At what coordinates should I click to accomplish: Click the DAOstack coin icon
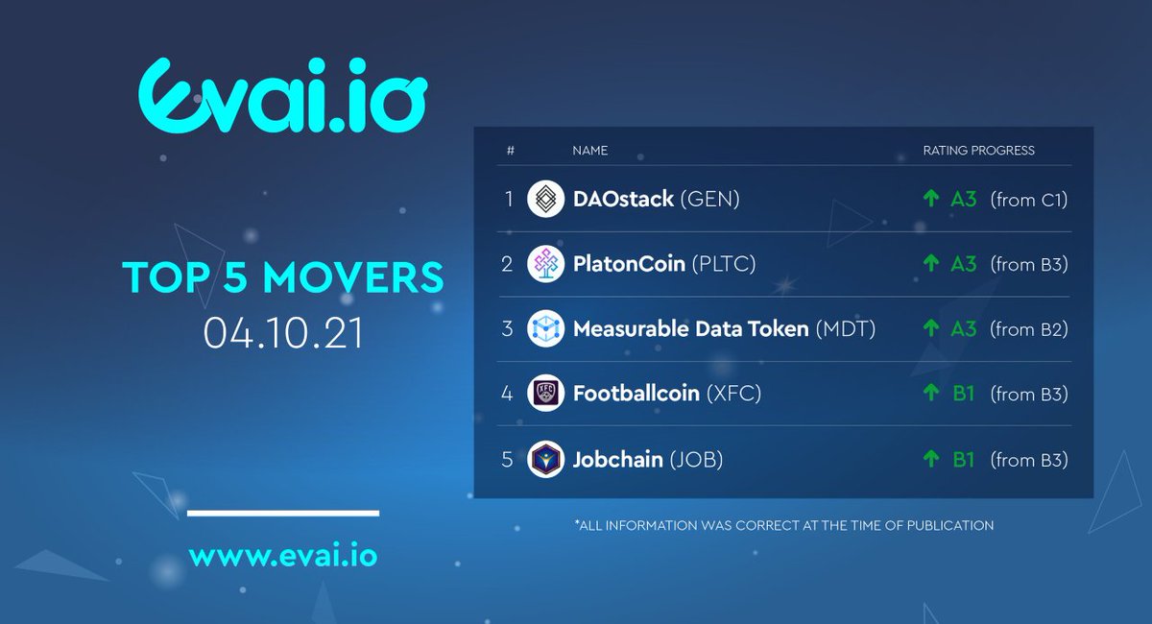pyautogui.click(x=546, y=200)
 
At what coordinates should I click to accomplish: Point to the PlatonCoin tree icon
pyautogui.click(x=546, y=264)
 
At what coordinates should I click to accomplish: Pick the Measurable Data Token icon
pyautogui.click(x=546, y=329)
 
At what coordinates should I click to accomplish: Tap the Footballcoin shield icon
pyautogui.click(x=546, y=394)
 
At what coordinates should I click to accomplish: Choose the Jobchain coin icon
pyautogui.click(x=546, y=460)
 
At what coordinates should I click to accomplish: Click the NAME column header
pyautogui.click(x=589, y=151)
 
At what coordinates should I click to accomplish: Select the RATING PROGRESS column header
pyautogui.click(x=978, y=151)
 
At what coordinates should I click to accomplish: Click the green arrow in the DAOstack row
pyautogui.click(x=929, y=200)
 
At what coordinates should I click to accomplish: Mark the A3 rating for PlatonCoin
pyautogui.click(x=963, y=264)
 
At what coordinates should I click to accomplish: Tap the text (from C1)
pyautogui.click(x=1029, y=200)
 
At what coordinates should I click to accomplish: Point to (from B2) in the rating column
pyautogui.click(x=1029, y=329)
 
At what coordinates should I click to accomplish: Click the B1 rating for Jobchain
pyautogui.click(x=963, y=460)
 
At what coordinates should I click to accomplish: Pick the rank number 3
pyautogui.click(x=507, y=329)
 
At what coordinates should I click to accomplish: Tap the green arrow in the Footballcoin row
pyautogui.click(x=929, y=394)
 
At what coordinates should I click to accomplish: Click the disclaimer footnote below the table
pyautogui.click(x=782, y=525)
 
